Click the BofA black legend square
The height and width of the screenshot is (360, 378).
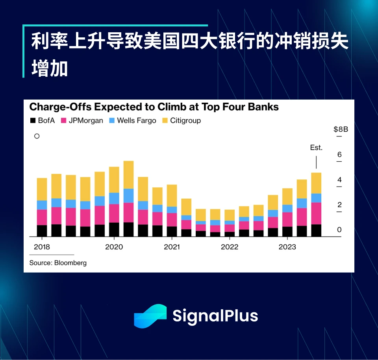(33, 121)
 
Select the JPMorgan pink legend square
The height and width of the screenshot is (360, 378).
(63, 121)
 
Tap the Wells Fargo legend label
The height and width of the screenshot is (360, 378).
(136, 121)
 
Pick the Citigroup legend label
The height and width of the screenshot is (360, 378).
(185, 121)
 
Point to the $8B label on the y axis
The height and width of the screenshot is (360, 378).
(341, 129)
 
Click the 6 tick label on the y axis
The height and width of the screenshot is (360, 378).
(339, 155)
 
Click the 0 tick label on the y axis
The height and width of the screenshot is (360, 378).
(339, 230)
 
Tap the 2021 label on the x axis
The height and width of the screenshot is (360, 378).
(172, 247)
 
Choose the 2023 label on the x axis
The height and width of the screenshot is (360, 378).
(287, 247)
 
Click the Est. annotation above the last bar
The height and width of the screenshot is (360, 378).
(316, 148)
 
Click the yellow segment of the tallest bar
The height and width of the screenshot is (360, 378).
(128, 175)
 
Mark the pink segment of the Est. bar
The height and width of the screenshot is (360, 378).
(316, 213)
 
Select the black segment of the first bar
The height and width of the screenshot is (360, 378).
(42, 231)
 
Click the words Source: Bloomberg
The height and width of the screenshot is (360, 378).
(58, 263)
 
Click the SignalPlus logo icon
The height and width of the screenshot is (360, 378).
(150, 316)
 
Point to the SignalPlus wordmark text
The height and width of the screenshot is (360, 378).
(215, 316)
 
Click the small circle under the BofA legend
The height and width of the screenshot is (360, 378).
(37, 136)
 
